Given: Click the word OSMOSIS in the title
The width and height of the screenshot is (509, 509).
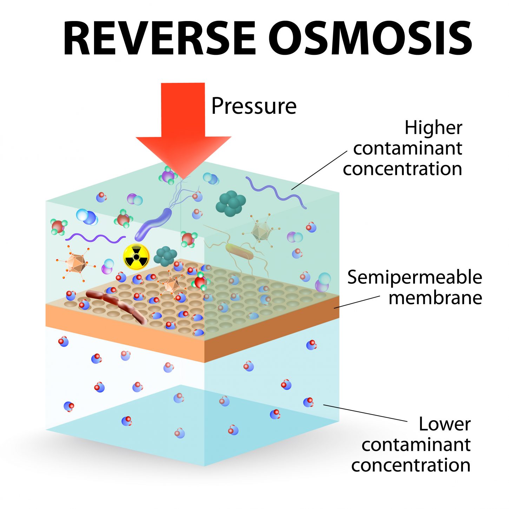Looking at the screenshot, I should (370, 39).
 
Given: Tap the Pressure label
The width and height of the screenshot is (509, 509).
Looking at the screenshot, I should (254, 106).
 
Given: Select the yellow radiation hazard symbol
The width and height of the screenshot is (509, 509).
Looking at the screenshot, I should (136, 257).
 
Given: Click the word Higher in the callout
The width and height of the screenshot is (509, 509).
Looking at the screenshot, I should (433, 127).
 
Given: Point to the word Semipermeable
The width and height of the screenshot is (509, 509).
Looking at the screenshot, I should (414, 277).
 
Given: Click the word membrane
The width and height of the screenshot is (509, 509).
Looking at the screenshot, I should (435, 298).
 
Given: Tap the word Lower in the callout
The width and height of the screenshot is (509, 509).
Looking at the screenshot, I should (444, 424).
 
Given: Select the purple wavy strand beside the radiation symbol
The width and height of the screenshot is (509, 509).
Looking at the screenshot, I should (95, 238).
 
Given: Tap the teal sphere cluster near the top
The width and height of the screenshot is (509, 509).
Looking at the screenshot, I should (231, 203).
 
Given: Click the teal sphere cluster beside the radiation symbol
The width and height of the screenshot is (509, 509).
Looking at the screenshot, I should (166, 256).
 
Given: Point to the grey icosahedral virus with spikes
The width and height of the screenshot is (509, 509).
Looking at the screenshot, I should (260, 231).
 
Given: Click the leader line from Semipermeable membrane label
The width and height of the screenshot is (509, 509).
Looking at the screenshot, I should (356, 302).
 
